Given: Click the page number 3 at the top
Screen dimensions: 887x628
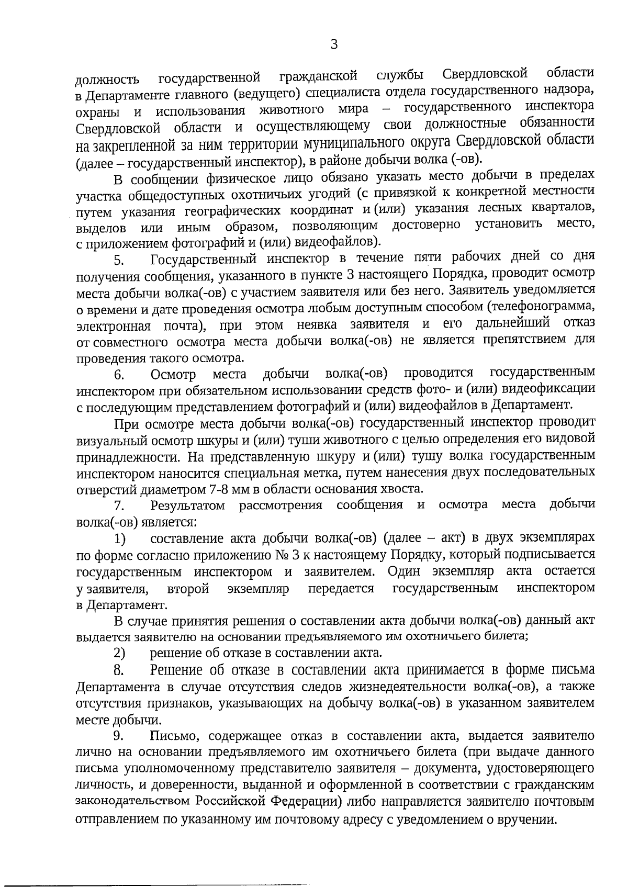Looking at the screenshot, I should point(334,45).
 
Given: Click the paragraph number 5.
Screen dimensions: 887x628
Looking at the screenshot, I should point(119,260).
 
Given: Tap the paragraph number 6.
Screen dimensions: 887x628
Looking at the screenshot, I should point(119,375).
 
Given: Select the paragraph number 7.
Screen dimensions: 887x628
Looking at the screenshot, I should point(119,506).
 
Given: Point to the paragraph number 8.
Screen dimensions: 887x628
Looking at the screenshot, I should point(119,670).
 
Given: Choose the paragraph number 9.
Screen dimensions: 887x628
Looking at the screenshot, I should point(119,736).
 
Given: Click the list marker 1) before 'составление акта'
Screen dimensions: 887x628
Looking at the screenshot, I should point(120,539).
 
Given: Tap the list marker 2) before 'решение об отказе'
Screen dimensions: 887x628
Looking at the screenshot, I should point(120,653).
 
